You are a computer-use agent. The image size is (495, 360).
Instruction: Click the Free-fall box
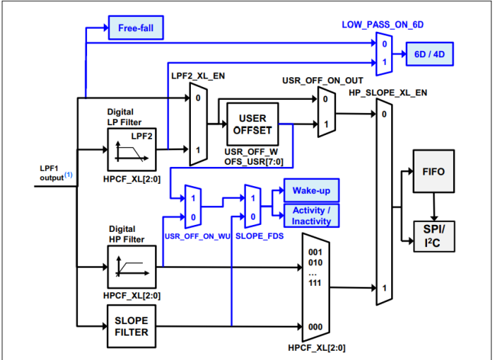[x=136, y=29]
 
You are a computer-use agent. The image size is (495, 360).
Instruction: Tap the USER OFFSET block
[x=252, y=124]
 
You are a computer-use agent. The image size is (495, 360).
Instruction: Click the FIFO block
[x=433, y=171]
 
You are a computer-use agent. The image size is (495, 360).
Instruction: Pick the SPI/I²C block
[x=433, y=234]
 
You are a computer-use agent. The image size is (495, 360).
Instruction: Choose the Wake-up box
[x=311, y=190]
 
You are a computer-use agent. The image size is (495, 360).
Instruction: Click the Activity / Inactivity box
[x=311, y=216]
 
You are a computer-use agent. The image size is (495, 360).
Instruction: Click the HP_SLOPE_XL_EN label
[x=388, y=92]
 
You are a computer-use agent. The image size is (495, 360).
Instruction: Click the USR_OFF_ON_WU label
[x=194, y=235]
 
